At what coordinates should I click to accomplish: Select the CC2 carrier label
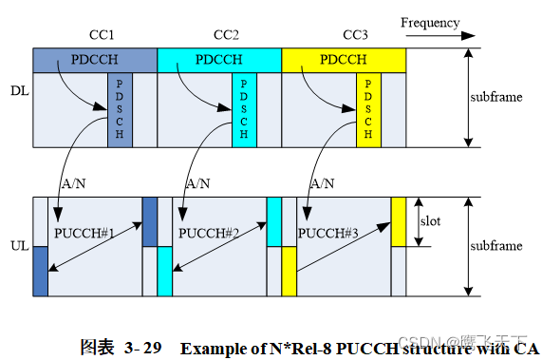click(225, 35)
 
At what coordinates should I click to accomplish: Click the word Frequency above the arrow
click(429, 23)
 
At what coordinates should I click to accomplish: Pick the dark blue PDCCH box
click(94, 59)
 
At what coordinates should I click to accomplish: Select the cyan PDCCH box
click(218, 59)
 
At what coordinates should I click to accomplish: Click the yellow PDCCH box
click(344, 59)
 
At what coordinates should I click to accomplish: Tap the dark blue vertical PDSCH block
click(119, 112)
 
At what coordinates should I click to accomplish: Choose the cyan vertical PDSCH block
click(244, 112)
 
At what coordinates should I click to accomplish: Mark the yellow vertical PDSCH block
click(368, 112)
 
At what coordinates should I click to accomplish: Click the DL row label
click(19, 91)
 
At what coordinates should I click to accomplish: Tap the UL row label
click(19, 245)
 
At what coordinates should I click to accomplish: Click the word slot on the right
click(429, 221)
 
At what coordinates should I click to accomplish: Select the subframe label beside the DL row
click(496, 97)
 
